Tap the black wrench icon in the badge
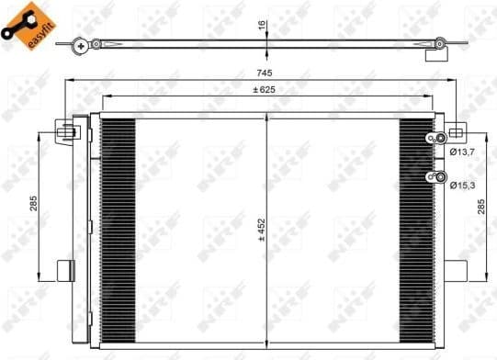click(19, 19)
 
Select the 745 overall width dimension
click(265, 73)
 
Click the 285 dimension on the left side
click(33, 203)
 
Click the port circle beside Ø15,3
click(439, 177)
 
